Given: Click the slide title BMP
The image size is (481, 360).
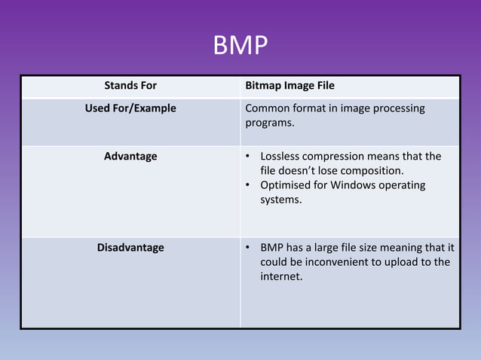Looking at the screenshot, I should [240, 47].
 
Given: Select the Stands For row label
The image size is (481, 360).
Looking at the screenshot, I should [130, 86].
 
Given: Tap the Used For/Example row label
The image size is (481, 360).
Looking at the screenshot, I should [130, 108].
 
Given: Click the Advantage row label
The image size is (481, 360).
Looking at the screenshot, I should [130, 157].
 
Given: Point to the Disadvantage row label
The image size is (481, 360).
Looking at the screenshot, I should [130, 247].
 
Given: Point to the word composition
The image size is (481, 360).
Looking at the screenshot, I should [369, 171].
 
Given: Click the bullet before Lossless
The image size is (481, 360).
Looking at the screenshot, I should [249, 157].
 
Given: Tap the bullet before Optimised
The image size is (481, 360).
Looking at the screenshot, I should [249, 185].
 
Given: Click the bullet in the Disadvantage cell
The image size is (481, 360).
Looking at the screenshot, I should [249, 247].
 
